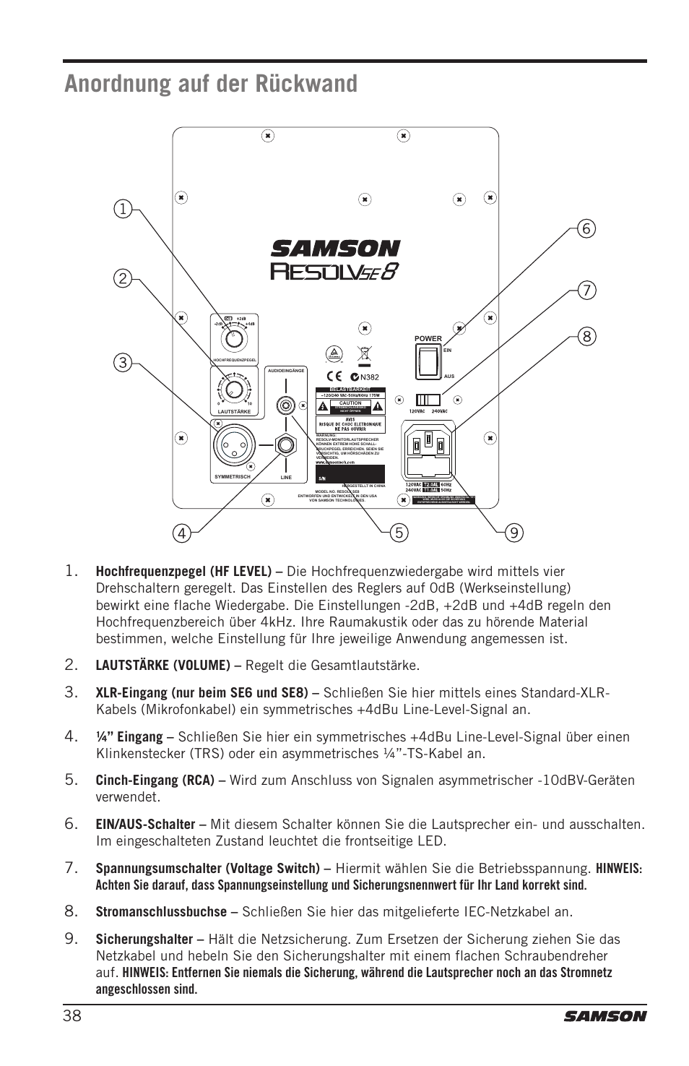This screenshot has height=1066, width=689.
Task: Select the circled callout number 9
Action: (x=513, y=533)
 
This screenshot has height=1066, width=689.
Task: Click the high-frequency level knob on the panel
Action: (x=233, y=338)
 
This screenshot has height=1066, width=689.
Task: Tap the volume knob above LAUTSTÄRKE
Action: (x=233, y=390)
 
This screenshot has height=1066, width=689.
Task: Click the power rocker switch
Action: (x=428, y=361)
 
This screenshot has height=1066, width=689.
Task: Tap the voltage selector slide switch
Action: (x=428, y=400)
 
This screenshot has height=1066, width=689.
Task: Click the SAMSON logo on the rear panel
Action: (x=335, y=249)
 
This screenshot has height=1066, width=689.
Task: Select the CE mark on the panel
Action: (x=334, y=376)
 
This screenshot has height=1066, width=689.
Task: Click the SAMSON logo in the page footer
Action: (x=605, y=1015)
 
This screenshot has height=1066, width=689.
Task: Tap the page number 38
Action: (x=71, y=1015)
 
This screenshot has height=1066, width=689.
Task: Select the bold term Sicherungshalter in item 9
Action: (x=144, y=940)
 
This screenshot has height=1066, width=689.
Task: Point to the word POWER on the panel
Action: (x=428, y=338)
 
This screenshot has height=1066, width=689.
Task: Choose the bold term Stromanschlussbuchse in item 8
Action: (x=161, y=911)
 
